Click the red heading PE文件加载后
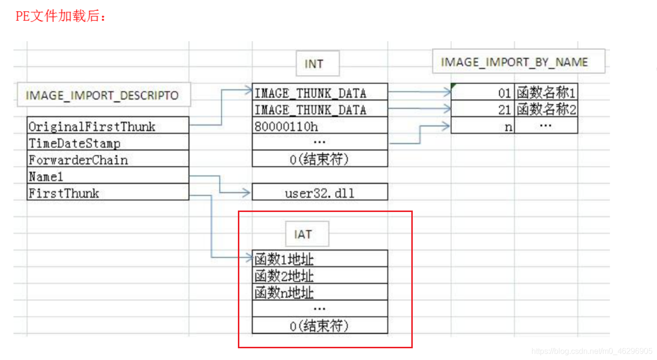coord(61,16)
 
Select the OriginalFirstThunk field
coord(107,127)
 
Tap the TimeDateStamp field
coord(107,144)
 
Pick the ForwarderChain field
coord(107,160)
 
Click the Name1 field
coord(107,176)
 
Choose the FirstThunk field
coord(107,193)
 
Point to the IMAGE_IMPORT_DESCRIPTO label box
coord(103,95)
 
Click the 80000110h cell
coord(319,127)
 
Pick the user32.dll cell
coord(319,193)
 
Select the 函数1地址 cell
coord(319,259)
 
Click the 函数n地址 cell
coord(319,293)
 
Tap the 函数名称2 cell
coord(546,109)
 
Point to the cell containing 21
coord(483,109)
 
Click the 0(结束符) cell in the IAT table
coord(319,326)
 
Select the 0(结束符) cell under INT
coord(319,159)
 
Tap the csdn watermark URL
coord(592,351)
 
